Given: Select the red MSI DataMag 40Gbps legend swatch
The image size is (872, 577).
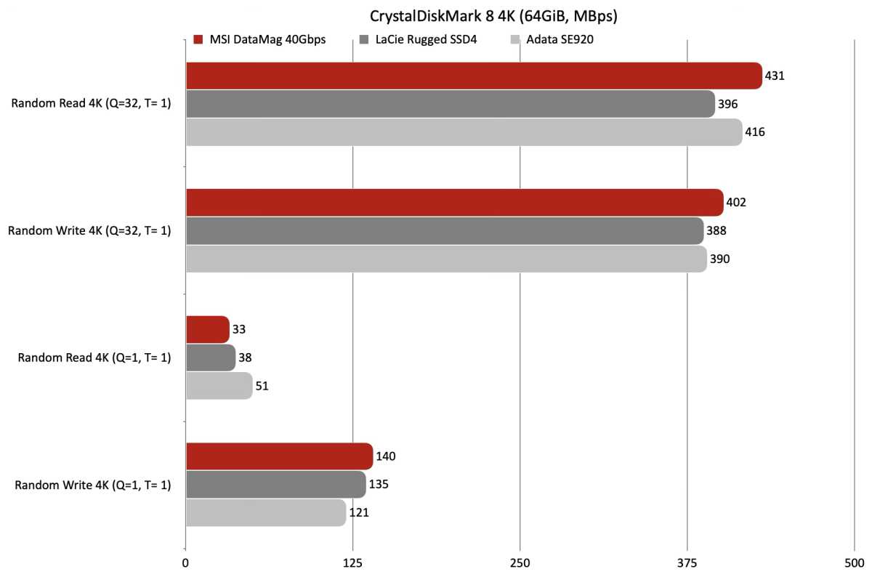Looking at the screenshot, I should (x=198, y=39).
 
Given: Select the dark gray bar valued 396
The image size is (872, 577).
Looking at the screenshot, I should (x=451, y=104).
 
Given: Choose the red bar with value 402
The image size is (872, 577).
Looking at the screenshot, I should (x=454, y=202).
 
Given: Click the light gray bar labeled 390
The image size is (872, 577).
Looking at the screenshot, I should (x=446, y=259).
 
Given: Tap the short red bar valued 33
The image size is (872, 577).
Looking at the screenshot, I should (x=208, y=329).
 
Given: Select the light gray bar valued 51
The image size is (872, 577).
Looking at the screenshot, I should (x=219, y=386).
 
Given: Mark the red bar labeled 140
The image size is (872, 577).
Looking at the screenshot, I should (x=279, y=456).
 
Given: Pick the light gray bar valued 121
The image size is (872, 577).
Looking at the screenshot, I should (x=266, y=513).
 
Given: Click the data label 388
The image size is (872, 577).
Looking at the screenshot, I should (x=716, y=231).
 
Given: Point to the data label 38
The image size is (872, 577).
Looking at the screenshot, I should (x=246, y=358).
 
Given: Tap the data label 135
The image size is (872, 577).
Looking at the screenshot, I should (x=379, y=485).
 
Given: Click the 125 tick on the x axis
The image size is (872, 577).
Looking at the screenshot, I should (x=353, y=562).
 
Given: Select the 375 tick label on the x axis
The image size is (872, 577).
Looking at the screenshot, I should (x=687, y=562).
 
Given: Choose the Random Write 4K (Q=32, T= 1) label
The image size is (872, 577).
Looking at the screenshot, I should (x=89, y=231).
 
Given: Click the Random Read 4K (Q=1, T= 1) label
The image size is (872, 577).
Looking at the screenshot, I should (x=94, y=358).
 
